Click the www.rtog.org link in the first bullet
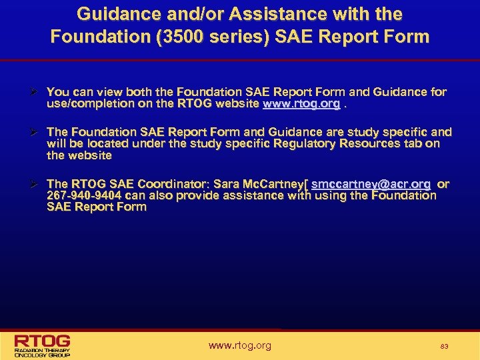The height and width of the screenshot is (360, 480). [x=301, y=105]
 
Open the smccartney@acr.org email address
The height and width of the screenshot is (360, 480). [x=371, y=183]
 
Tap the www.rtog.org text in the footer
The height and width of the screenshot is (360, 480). [x=240, y=345]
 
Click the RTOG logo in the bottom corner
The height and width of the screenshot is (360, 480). [x=43, y=345]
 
